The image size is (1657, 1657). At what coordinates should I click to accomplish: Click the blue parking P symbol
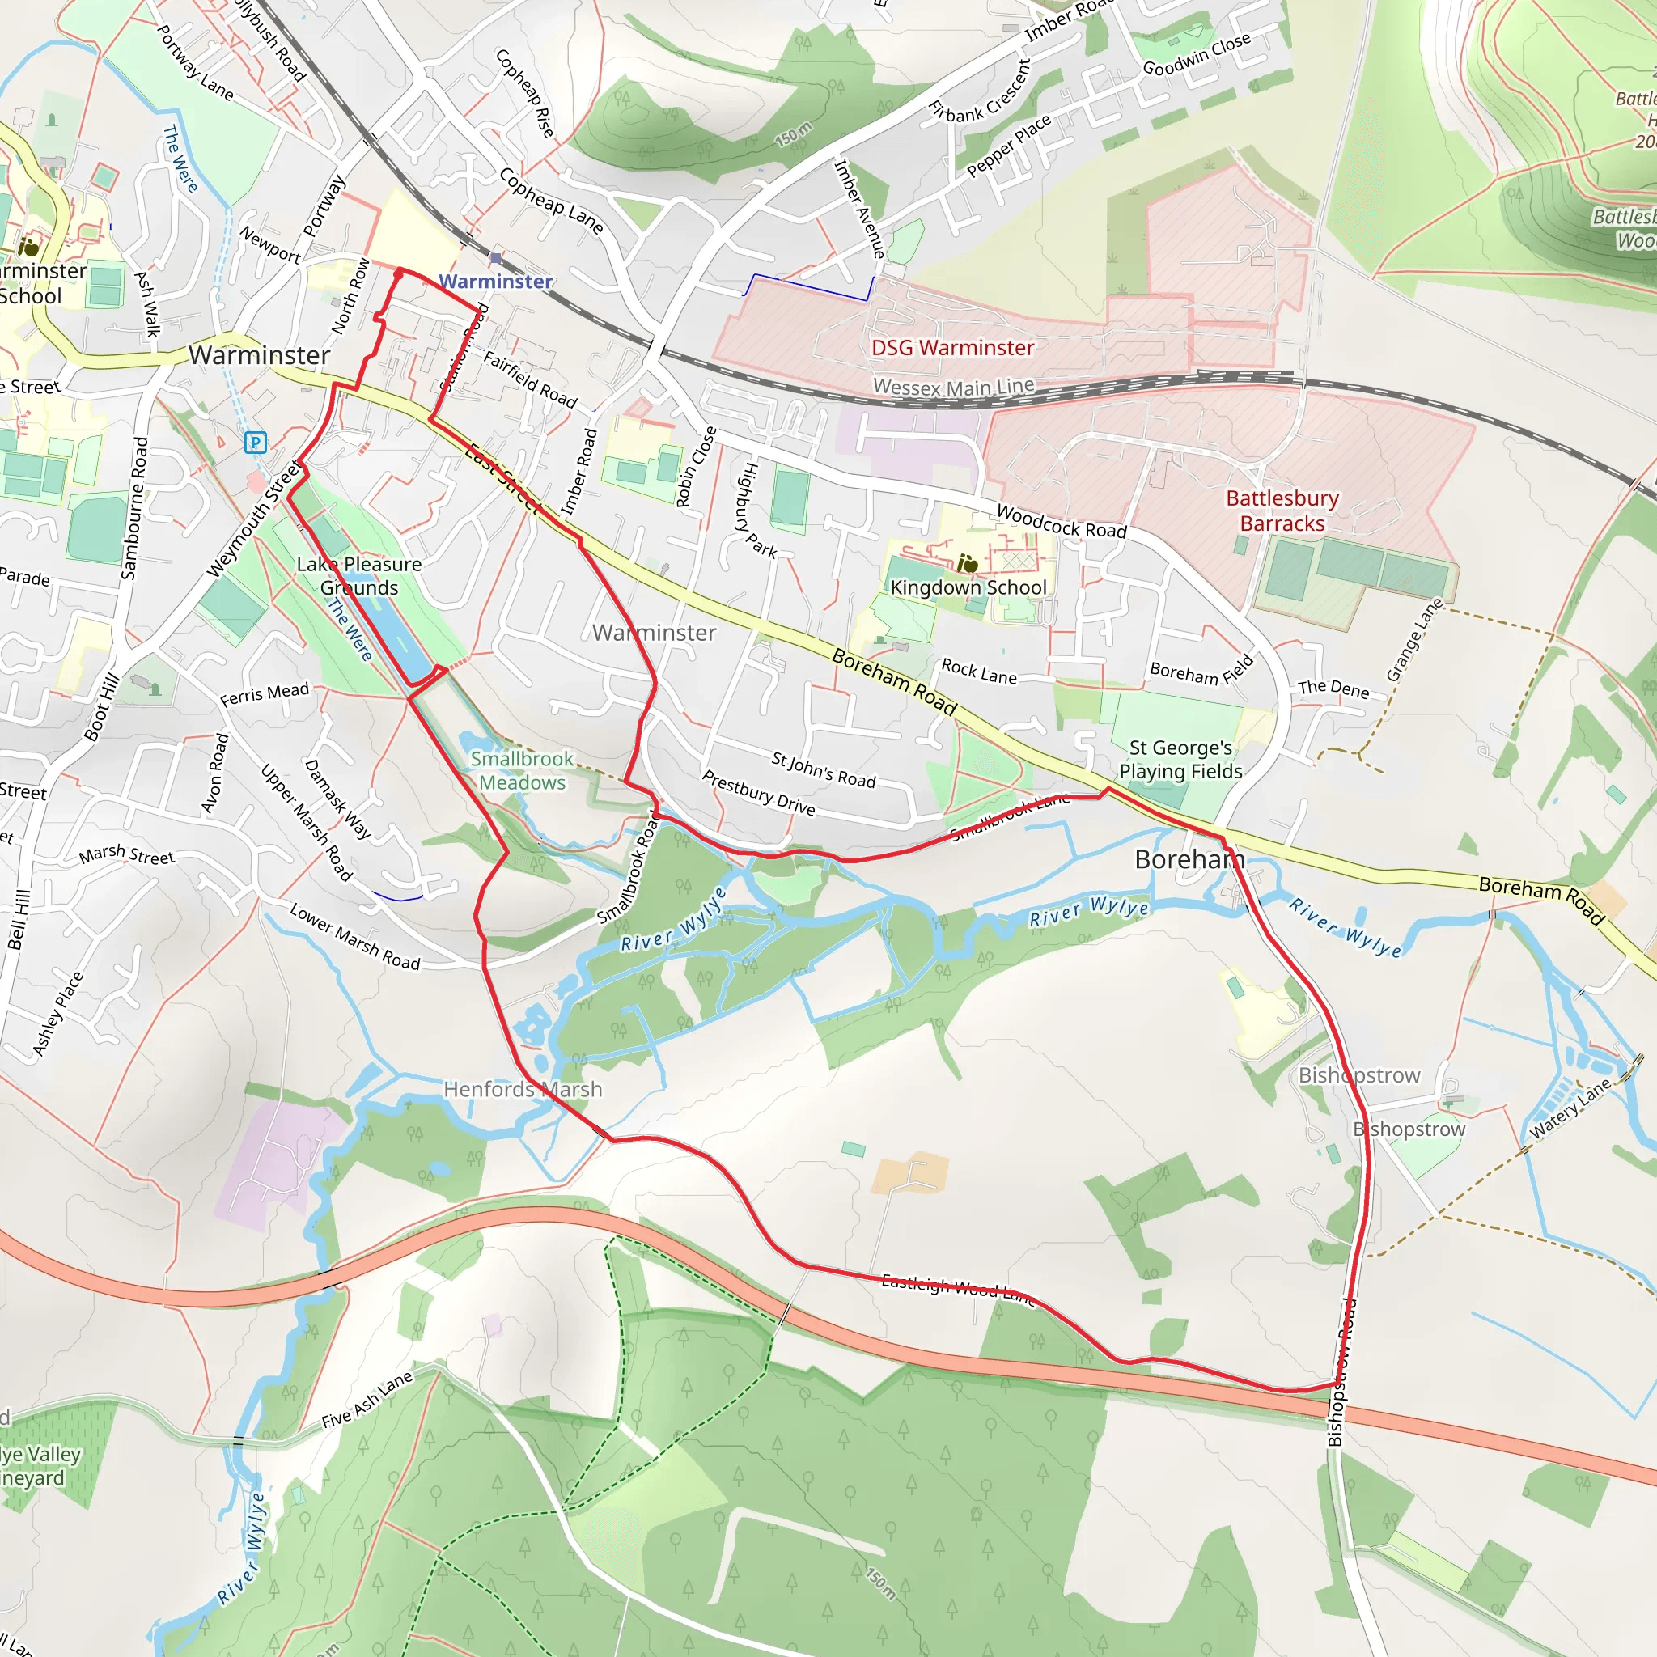point(255,443)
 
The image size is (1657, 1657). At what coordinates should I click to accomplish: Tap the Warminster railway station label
point(496,282)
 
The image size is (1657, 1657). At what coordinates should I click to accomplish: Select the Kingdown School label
point(968,587)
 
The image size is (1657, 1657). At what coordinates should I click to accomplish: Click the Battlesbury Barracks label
point(1282,511)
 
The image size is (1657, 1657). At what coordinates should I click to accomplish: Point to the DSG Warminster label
point(952,347)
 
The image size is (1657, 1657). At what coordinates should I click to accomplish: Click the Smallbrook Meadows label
point(522,770)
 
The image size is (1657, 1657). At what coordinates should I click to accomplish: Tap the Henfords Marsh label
point(523,1089)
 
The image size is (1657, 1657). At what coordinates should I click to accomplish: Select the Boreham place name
point(1189,858)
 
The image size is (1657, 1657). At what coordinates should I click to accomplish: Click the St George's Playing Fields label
point(1180,759)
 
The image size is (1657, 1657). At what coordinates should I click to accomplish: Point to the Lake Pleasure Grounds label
point(358,575)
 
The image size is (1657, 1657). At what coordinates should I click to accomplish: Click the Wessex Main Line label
point(953,387)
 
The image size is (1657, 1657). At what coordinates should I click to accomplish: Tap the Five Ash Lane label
point(367,1400)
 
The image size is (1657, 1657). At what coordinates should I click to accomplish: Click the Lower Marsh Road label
point(354,937)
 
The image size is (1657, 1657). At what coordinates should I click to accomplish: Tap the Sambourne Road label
point(134,508)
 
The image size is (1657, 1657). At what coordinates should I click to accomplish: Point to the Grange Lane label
point(1415,640)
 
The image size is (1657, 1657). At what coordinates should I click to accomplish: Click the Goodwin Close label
point(1197,55)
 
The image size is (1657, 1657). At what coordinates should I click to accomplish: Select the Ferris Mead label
point(264,694)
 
